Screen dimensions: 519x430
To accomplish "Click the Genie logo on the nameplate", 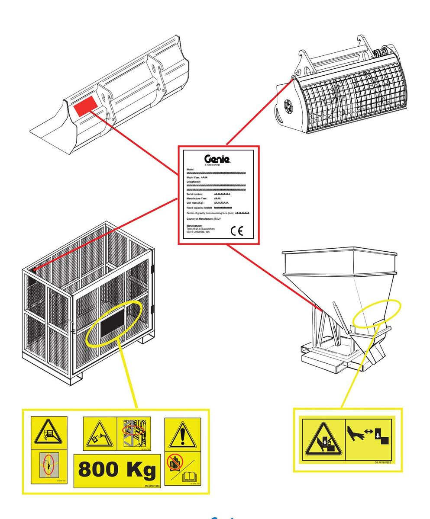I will pyautogui.click(x=218, y=159).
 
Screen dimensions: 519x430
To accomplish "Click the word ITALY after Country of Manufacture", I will pyautogui.click(x=217, y=219).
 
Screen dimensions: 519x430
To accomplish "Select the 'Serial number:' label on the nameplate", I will pyautogui.click(x=194, y=195).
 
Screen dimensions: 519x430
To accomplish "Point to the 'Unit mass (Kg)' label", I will pyautogui.click(x=195, y=203).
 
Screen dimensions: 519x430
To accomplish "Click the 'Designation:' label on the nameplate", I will pyautogui.click(x=194, y=182).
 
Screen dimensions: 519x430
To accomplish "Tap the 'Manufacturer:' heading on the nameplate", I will pyautogui.click(x=194, y=226).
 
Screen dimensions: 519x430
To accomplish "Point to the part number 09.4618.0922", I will pyautogui.click(x=383, y=462).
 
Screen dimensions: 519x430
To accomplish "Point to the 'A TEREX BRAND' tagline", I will pyautogui.click(x=212, y=165).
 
